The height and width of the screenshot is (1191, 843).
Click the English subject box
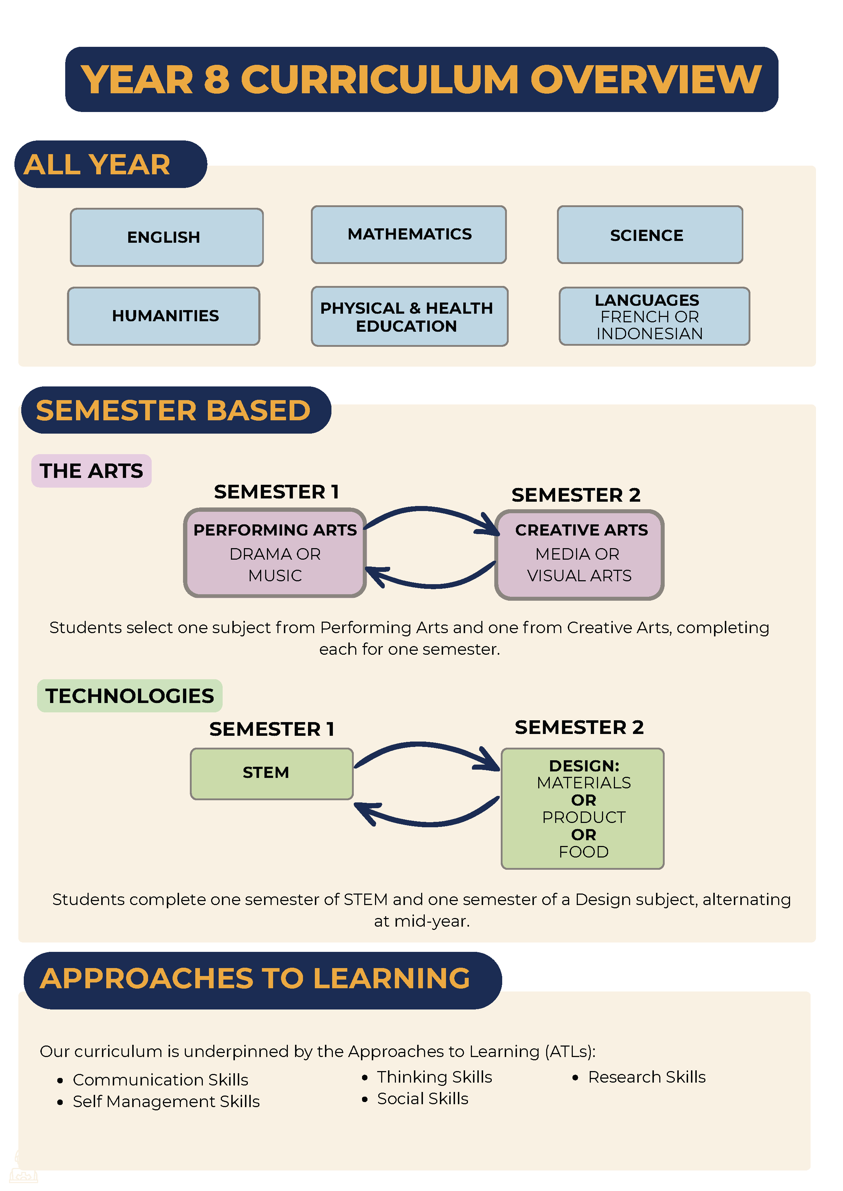click(x=167, y=237)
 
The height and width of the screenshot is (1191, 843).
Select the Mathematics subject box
click(x=409, y=234)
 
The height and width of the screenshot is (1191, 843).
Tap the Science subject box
click(x=650, y=234)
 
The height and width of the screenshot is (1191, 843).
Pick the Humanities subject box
click(x=164, y=316)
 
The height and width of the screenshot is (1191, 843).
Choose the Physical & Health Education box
click(x=410, y=316)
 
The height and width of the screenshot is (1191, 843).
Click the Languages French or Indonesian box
click(x=654, y=316)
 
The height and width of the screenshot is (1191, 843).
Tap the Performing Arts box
click(x=275, y=553)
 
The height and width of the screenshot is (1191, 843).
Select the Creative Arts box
click(x=579, y=555)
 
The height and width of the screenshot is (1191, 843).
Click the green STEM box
click(x=272, y=774)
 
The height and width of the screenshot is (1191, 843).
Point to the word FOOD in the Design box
click(x=584, y=852)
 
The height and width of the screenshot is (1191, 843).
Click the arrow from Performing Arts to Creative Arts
click(x=431, y=511)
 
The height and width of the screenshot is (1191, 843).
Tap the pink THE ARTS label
click(x=92, y=471)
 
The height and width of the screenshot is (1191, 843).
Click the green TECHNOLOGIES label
click(x=130, y=696)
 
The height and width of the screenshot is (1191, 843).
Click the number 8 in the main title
click(x=217, y=80)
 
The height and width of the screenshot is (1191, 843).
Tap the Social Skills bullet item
click(x=415, y=1099)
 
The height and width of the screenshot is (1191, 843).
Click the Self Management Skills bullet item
click(x=158, y=1101)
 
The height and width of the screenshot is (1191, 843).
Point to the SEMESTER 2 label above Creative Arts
click(x=576, y=495)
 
